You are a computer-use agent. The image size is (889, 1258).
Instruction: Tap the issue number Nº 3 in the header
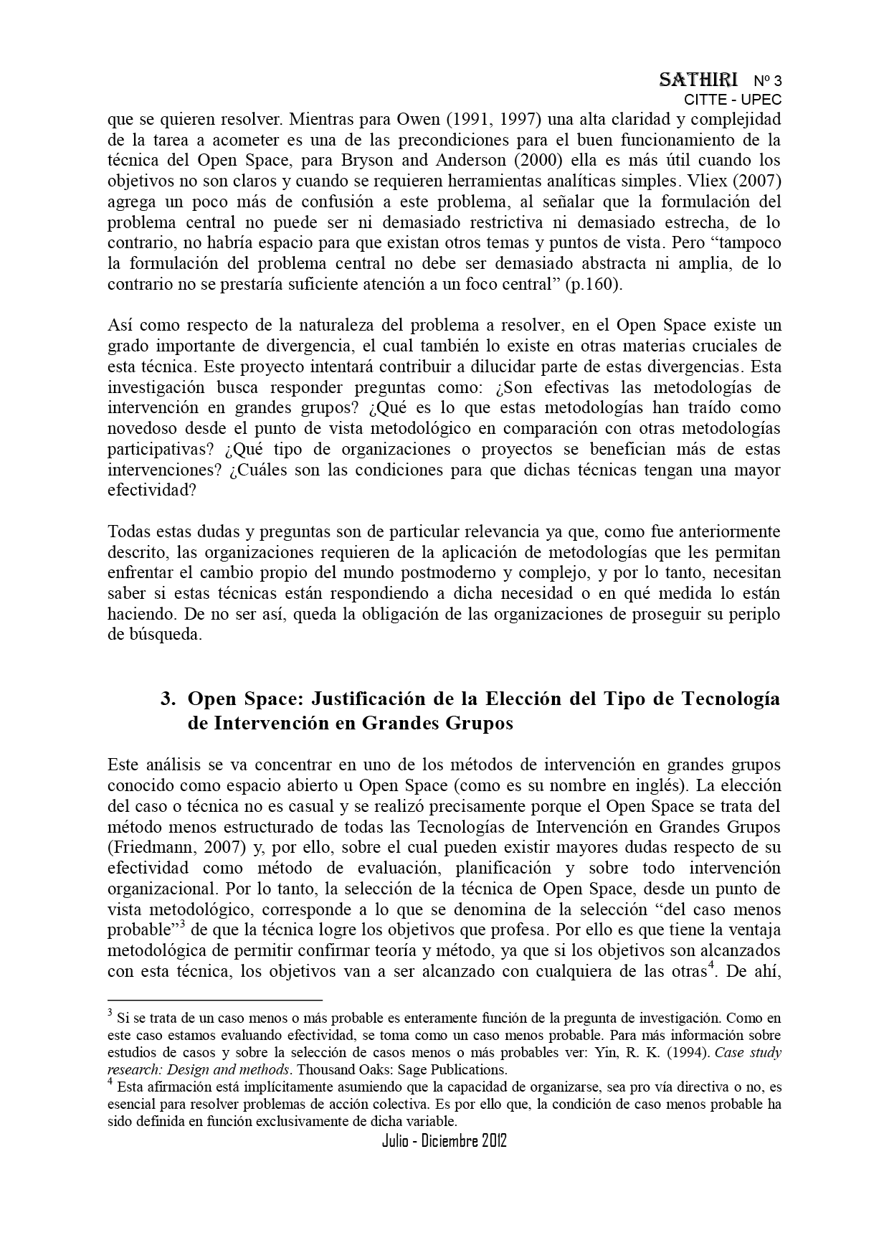767,80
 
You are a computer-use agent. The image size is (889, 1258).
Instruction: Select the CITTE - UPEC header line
733,100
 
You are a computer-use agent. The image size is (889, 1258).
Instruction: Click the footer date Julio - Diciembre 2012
444,1141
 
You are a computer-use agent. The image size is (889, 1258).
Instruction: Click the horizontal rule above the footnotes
215,999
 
